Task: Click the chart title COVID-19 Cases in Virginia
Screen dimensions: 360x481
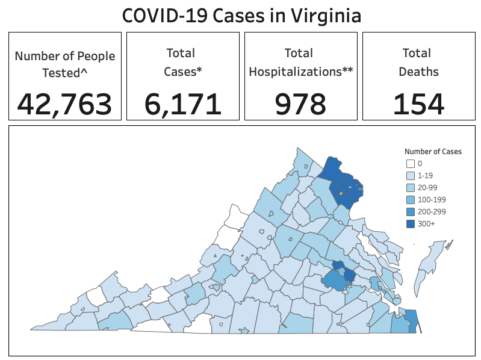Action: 241,15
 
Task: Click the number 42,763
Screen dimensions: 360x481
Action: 64,104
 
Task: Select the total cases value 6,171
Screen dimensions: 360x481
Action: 183,104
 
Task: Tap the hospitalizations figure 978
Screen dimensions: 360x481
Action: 300,104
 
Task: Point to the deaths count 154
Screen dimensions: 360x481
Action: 418,104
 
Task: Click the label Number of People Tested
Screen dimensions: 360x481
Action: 65,57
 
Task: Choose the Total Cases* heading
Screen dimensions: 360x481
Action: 183,62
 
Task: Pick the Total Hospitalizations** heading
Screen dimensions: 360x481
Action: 300,62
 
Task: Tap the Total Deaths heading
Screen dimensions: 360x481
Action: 418,62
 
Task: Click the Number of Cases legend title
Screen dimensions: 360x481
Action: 433,152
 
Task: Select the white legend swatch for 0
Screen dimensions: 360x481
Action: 410,164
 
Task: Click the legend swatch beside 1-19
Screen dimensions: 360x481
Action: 410,176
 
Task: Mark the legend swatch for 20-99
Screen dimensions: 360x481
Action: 410,188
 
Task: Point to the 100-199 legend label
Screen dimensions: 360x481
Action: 431,200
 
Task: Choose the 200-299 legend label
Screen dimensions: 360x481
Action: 431,212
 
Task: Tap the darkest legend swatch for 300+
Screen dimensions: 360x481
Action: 410,224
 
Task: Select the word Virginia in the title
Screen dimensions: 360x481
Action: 326,15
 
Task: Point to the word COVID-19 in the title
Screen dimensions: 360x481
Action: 163,15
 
